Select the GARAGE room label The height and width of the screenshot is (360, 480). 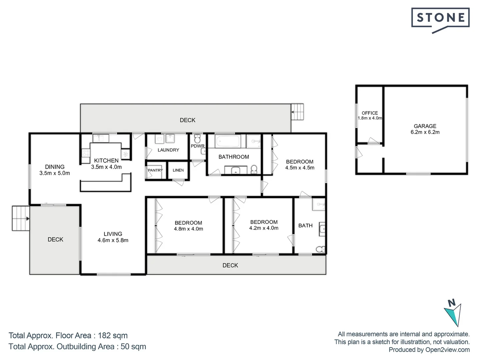(425, 126)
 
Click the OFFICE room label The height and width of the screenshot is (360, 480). (370, 113)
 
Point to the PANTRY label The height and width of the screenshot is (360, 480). (155, 170)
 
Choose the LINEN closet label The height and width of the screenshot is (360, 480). (178, 170)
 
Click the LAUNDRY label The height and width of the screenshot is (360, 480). (168, 150)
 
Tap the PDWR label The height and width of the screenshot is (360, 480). (198, 146)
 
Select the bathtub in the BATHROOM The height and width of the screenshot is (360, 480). (228, 141)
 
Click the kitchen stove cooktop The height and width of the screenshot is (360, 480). (86, 153)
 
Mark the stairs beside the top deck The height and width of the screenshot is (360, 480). (297, 112)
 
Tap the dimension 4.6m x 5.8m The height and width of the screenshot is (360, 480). (113, 240)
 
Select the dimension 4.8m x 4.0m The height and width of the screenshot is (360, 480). (188, 229)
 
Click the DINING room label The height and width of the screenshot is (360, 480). (55, 167)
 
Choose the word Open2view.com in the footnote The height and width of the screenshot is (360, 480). (447, 350)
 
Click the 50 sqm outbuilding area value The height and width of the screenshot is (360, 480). (133, 347)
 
